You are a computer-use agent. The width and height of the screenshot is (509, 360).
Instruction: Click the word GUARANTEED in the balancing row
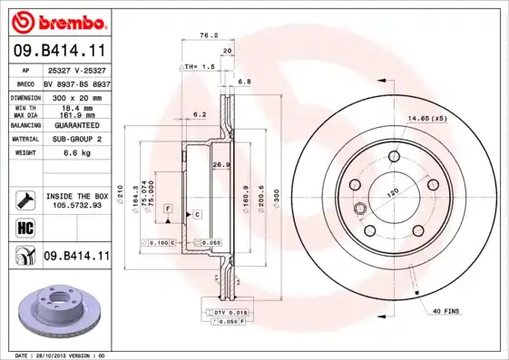(x=75, y=124)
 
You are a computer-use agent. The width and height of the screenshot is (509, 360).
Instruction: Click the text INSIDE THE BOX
(x=76, y=195)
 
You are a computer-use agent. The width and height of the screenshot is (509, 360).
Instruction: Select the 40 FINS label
(x=445, y=312)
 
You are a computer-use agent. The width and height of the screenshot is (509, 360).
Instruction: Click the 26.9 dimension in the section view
(x=218, y=165)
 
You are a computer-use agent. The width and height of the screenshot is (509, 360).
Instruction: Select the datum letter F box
(x=168, y=209)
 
